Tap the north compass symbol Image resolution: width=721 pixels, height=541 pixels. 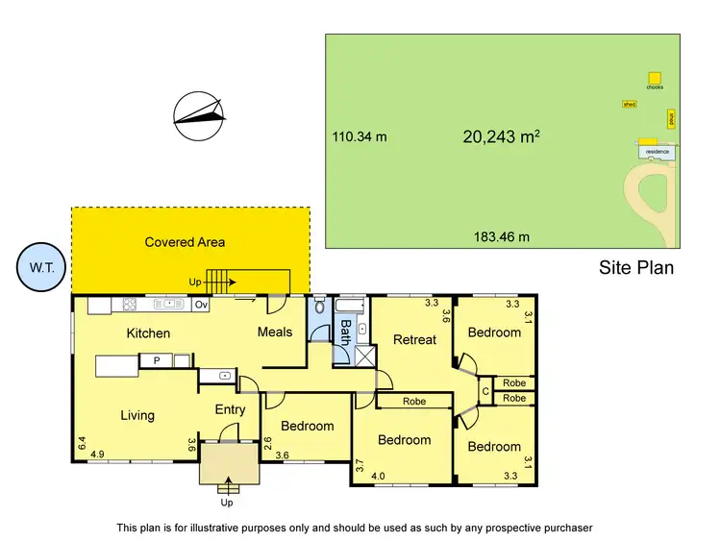tap(199, 115)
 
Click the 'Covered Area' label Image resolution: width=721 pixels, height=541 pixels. tap(185, 242)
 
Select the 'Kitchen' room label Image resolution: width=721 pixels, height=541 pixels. tap(148, 333)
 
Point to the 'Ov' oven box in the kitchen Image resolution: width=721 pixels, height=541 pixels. tap(201, 305)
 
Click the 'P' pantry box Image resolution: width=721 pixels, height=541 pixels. tap(154, 361)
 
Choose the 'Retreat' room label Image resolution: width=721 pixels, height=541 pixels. tap(414, 339)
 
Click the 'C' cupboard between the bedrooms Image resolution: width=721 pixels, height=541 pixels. tap(485, 390)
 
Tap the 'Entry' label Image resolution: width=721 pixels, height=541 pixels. tap(230, 409)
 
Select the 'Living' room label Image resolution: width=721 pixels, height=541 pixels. tap(137, 415)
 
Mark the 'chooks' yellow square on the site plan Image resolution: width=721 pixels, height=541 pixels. tap(655, 77)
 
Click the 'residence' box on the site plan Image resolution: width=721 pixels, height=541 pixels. tap(657, 152)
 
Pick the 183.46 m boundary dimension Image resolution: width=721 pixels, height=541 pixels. tap(501, 236)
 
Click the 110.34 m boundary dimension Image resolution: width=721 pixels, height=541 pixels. tap(360, 136)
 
